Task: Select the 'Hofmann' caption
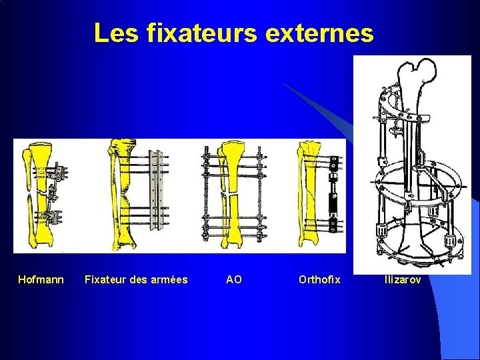click(41, 280)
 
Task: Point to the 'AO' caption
click(234, 280)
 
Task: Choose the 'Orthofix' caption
click(319, 280)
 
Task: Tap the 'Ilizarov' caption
click(403, 280)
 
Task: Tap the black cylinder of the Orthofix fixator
click(331, 197)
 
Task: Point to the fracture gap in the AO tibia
click(232, 193)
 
